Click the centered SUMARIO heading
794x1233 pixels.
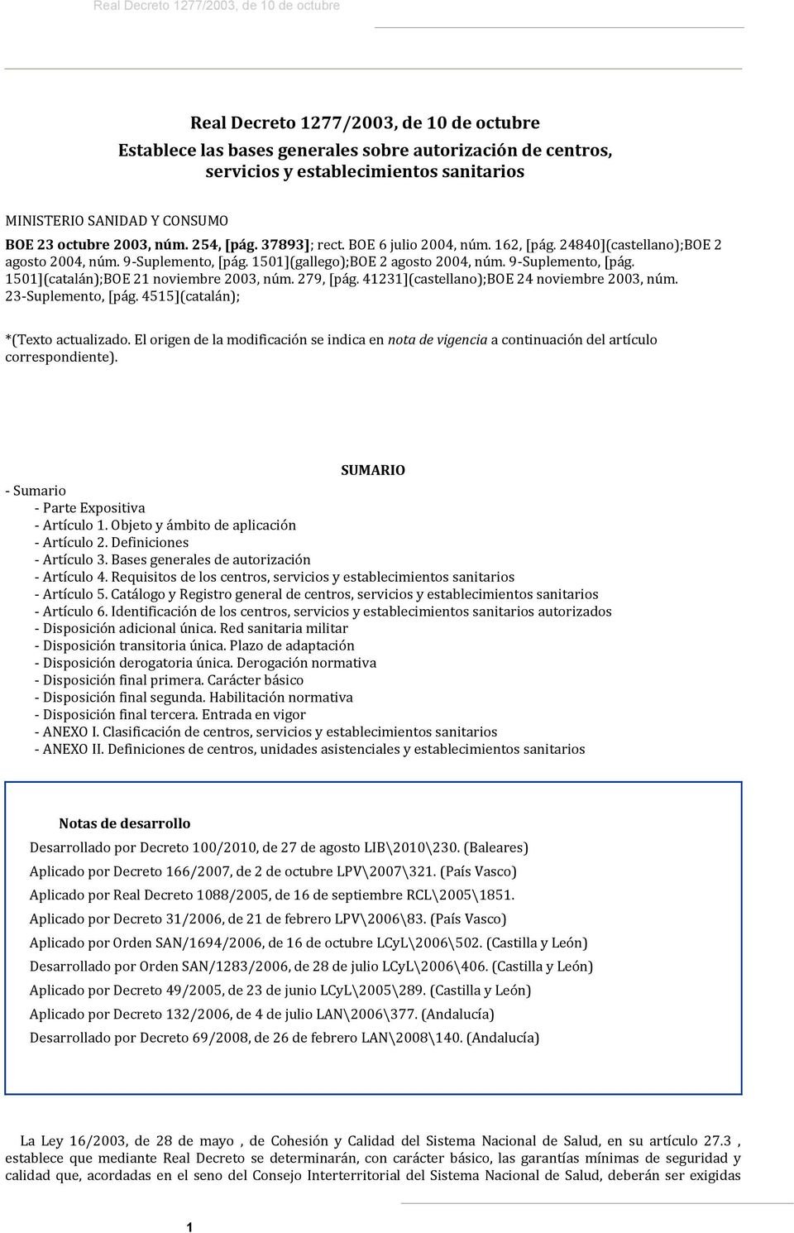(372, 470)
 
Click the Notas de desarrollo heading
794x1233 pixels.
(124, 823)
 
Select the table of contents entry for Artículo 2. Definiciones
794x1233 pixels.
(111, 542)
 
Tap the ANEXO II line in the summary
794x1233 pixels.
(309, 749)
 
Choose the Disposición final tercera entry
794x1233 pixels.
(170, 714)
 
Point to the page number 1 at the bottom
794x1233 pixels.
(189, 1226)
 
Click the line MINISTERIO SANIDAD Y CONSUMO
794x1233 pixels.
(117, 221)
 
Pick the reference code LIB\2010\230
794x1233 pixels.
(411, 847)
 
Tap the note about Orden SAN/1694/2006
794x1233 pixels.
(309, 943)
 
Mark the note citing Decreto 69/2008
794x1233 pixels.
(284, 1037)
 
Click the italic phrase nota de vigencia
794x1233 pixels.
(438, 339)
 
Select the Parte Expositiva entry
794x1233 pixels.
(89, 507)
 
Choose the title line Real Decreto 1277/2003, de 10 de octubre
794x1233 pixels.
(365, 123)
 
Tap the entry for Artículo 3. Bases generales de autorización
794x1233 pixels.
(172, 559)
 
